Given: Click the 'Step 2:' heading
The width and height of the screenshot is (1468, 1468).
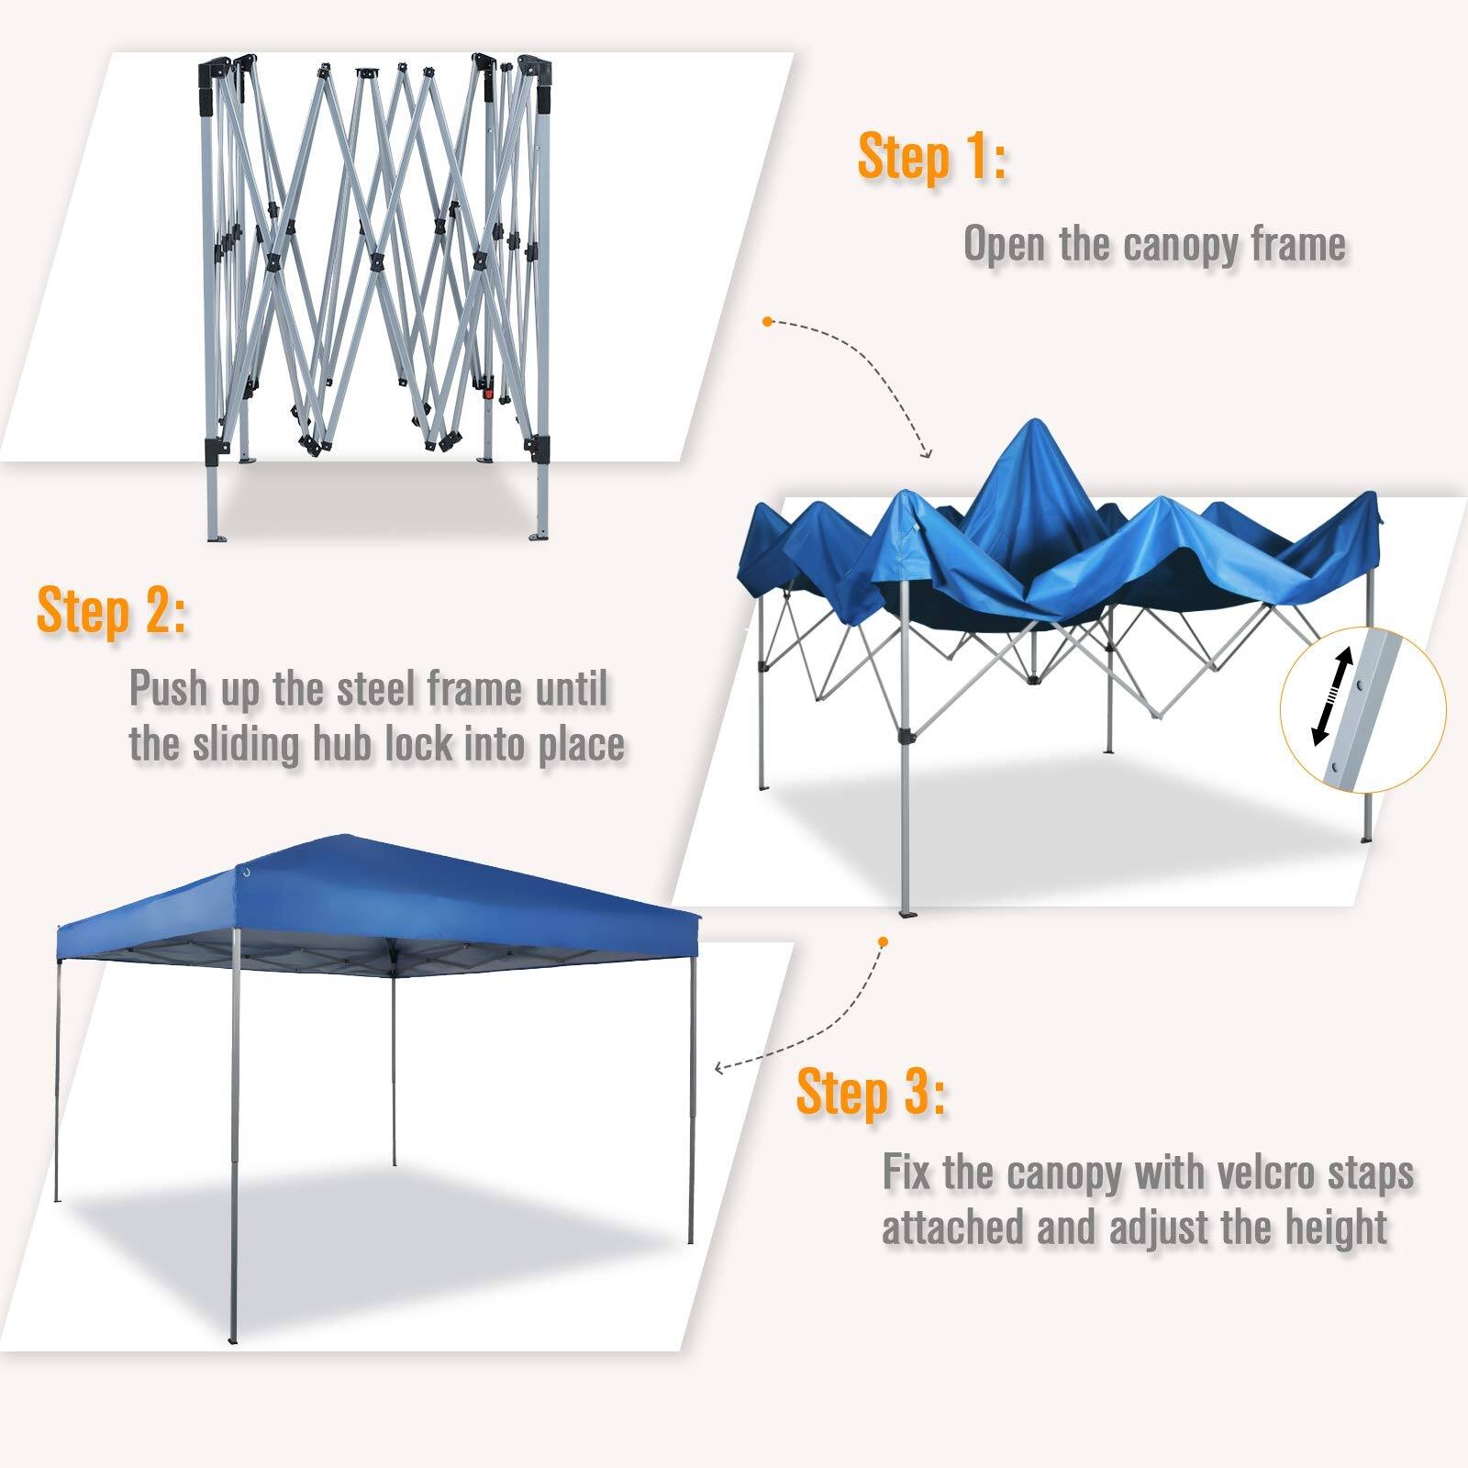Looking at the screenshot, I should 111,612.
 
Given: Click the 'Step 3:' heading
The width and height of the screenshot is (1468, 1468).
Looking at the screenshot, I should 870,1093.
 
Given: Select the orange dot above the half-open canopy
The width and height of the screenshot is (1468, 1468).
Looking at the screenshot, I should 767,321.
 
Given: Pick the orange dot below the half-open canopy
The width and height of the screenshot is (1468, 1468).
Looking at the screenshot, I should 883,941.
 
